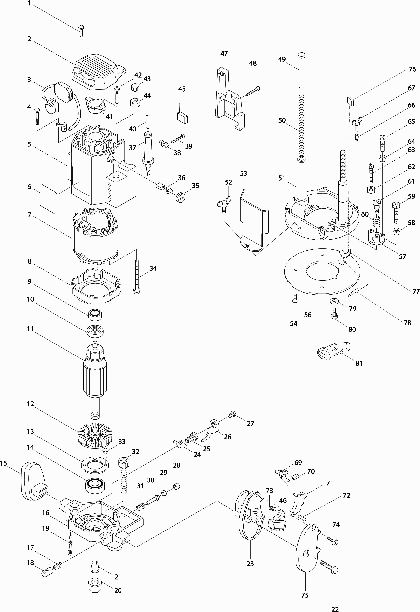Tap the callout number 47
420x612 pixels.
(x=224, y=54)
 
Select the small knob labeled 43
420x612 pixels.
(x=135, y=87)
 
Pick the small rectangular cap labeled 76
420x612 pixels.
(x=351, y=101)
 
